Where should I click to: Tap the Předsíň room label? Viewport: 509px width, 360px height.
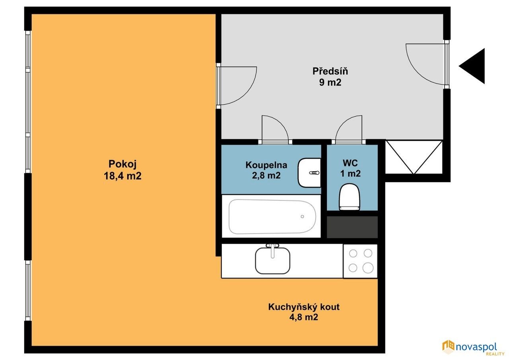(x=330, y=71)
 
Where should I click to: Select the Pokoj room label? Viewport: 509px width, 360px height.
(x=122, y=164)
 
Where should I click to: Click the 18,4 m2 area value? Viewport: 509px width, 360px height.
(x=122, y=176)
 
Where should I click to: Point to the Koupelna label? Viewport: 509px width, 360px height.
(x=266, y=165)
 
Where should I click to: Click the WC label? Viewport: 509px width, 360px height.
(x=350, y=163)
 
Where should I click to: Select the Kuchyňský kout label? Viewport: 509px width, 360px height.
(x=304, y=307)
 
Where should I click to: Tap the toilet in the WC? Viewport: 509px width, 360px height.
(x=350, y=197)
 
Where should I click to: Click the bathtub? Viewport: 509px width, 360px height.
(x=272, y=217)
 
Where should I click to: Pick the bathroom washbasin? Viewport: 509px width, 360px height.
(x=309, y=173)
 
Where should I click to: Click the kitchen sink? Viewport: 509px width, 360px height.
(x=272, y=261)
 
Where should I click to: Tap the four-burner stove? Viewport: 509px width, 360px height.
(x=360, y=261)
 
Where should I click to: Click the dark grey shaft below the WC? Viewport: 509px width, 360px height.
(x=352, y=227)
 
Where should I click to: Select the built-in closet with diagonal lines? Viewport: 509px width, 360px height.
(x=414, y=157)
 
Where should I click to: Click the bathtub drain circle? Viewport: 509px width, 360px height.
(x=302, y=216)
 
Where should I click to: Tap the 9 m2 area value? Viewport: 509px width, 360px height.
(x=330, y=82)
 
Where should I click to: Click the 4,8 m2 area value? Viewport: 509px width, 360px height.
(x=304, y=317)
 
